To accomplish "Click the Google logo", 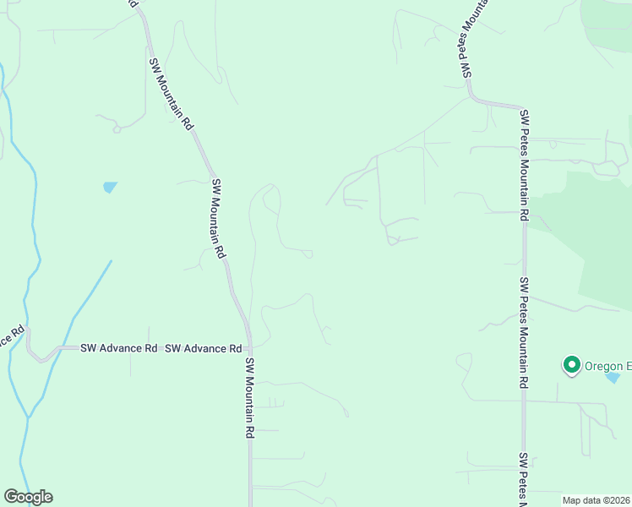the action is coord(28,497).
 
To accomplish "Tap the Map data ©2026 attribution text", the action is coord(596,500).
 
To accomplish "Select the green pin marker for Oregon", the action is coord(571,365).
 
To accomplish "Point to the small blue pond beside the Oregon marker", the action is coord(612,377).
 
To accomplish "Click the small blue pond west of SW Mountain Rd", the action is coord(110,187).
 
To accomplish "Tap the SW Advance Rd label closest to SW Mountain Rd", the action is coord(203,348).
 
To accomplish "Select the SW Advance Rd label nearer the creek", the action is coord(119,347).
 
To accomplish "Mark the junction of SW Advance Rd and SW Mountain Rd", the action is coord(248,346).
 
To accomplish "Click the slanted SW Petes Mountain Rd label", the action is coord(476,38).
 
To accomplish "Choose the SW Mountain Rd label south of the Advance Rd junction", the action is coord(250,397).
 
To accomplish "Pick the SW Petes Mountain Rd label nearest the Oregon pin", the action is coord(525,333).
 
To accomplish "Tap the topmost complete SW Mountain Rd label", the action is coord(171,93).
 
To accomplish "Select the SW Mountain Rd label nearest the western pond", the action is coord(219,218).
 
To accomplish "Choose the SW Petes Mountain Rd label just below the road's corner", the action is coord(525,165).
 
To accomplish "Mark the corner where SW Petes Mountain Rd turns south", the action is coord(520,107).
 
